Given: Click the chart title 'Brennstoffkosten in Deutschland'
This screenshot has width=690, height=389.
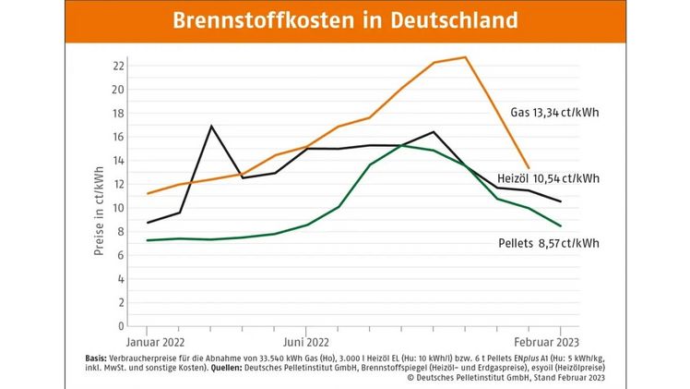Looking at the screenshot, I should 344,21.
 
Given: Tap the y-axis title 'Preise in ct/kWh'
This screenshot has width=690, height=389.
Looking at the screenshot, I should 99,212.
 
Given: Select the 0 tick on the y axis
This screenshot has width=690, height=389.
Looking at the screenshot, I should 120,326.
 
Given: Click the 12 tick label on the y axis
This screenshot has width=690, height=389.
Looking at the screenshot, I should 117,184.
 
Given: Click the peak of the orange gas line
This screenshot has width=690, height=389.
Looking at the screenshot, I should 466,57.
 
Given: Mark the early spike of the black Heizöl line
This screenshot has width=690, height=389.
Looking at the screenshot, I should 211,126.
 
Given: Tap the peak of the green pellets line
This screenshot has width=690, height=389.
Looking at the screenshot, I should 401,145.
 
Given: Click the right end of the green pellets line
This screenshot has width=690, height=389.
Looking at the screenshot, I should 561,225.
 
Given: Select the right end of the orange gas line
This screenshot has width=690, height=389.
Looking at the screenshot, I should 529,168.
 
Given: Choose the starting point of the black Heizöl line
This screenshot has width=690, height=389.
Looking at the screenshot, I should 148,223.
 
